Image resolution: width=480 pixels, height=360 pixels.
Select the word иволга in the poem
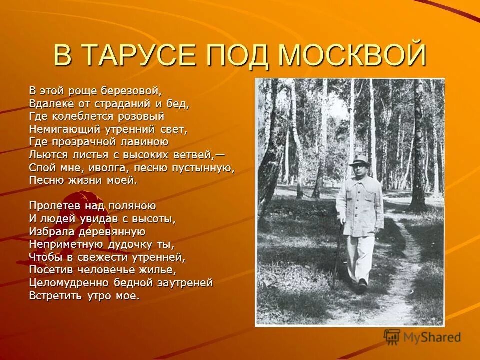tap(108, 168)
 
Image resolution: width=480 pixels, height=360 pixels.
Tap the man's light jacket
tap(360, 205)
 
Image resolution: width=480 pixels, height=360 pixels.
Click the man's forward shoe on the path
tap(362, 286)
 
